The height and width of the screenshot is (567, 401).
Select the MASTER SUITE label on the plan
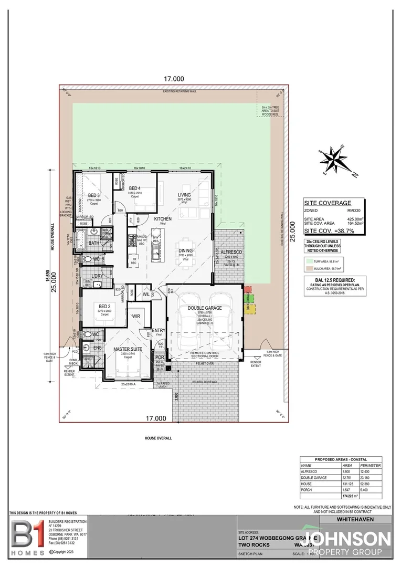pos(128,349)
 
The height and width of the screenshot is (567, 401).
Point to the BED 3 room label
pos(94,195)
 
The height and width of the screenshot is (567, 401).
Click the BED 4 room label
pos(135,188)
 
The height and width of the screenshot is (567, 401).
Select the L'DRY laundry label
pos(97,276)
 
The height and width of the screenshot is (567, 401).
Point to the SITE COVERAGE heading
pos(328,203)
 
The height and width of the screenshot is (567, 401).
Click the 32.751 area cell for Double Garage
pos(347,478)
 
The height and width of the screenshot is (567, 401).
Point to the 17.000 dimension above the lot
pos(174,78)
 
